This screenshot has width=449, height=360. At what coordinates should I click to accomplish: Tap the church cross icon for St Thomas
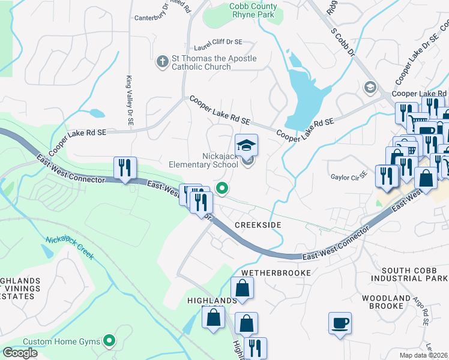(161, 62)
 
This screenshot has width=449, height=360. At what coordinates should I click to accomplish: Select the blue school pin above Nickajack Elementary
(246, 146)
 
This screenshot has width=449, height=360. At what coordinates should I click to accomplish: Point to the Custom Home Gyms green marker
(109, 341)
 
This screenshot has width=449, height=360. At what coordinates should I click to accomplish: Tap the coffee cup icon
(340, 323)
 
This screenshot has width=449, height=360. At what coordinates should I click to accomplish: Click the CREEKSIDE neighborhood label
(258, 224)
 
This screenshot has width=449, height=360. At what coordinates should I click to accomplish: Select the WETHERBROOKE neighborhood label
(276, 273)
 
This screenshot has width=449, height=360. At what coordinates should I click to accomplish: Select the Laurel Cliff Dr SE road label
(218, 43)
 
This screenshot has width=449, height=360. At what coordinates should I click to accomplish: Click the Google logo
(20, 353)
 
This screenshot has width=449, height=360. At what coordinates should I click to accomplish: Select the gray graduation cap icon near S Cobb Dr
(370, 88)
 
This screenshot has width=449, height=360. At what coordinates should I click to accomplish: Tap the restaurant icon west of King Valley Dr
(125, 168)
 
